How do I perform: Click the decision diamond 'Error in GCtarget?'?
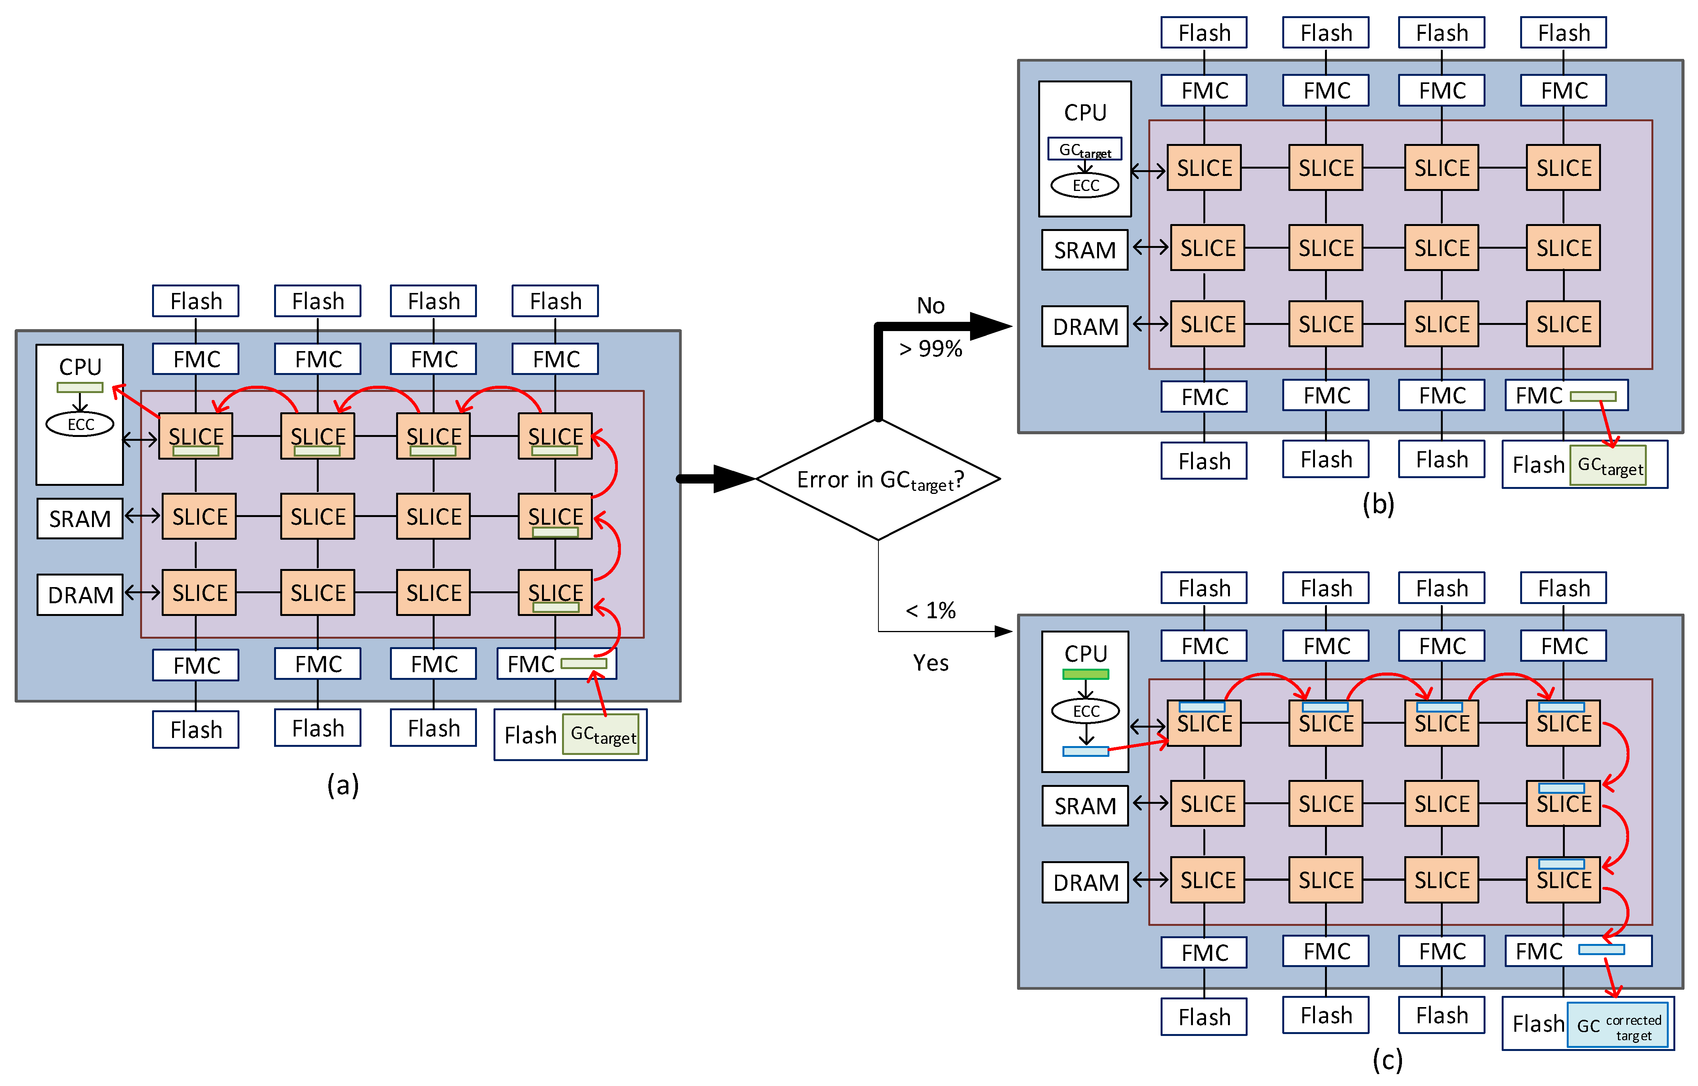point(878,480)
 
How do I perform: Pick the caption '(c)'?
point(1387,1059)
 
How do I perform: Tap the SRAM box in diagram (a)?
point(80,518)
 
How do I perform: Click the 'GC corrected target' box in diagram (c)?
point(1618,1025)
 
